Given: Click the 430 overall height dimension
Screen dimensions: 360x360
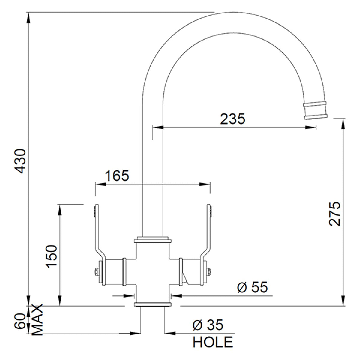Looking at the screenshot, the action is (20, 161).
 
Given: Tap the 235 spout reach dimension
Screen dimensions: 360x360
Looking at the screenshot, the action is (232, 119).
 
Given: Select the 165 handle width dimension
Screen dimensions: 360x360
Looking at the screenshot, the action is (117, 175).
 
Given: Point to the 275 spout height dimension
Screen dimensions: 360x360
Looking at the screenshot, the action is (335, 214).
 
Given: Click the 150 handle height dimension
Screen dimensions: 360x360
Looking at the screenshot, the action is (51, 256).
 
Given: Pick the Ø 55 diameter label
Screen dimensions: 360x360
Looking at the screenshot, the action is (253, 287).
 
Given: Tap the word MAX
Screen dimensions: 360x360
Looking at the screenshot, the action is (37, 319).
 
